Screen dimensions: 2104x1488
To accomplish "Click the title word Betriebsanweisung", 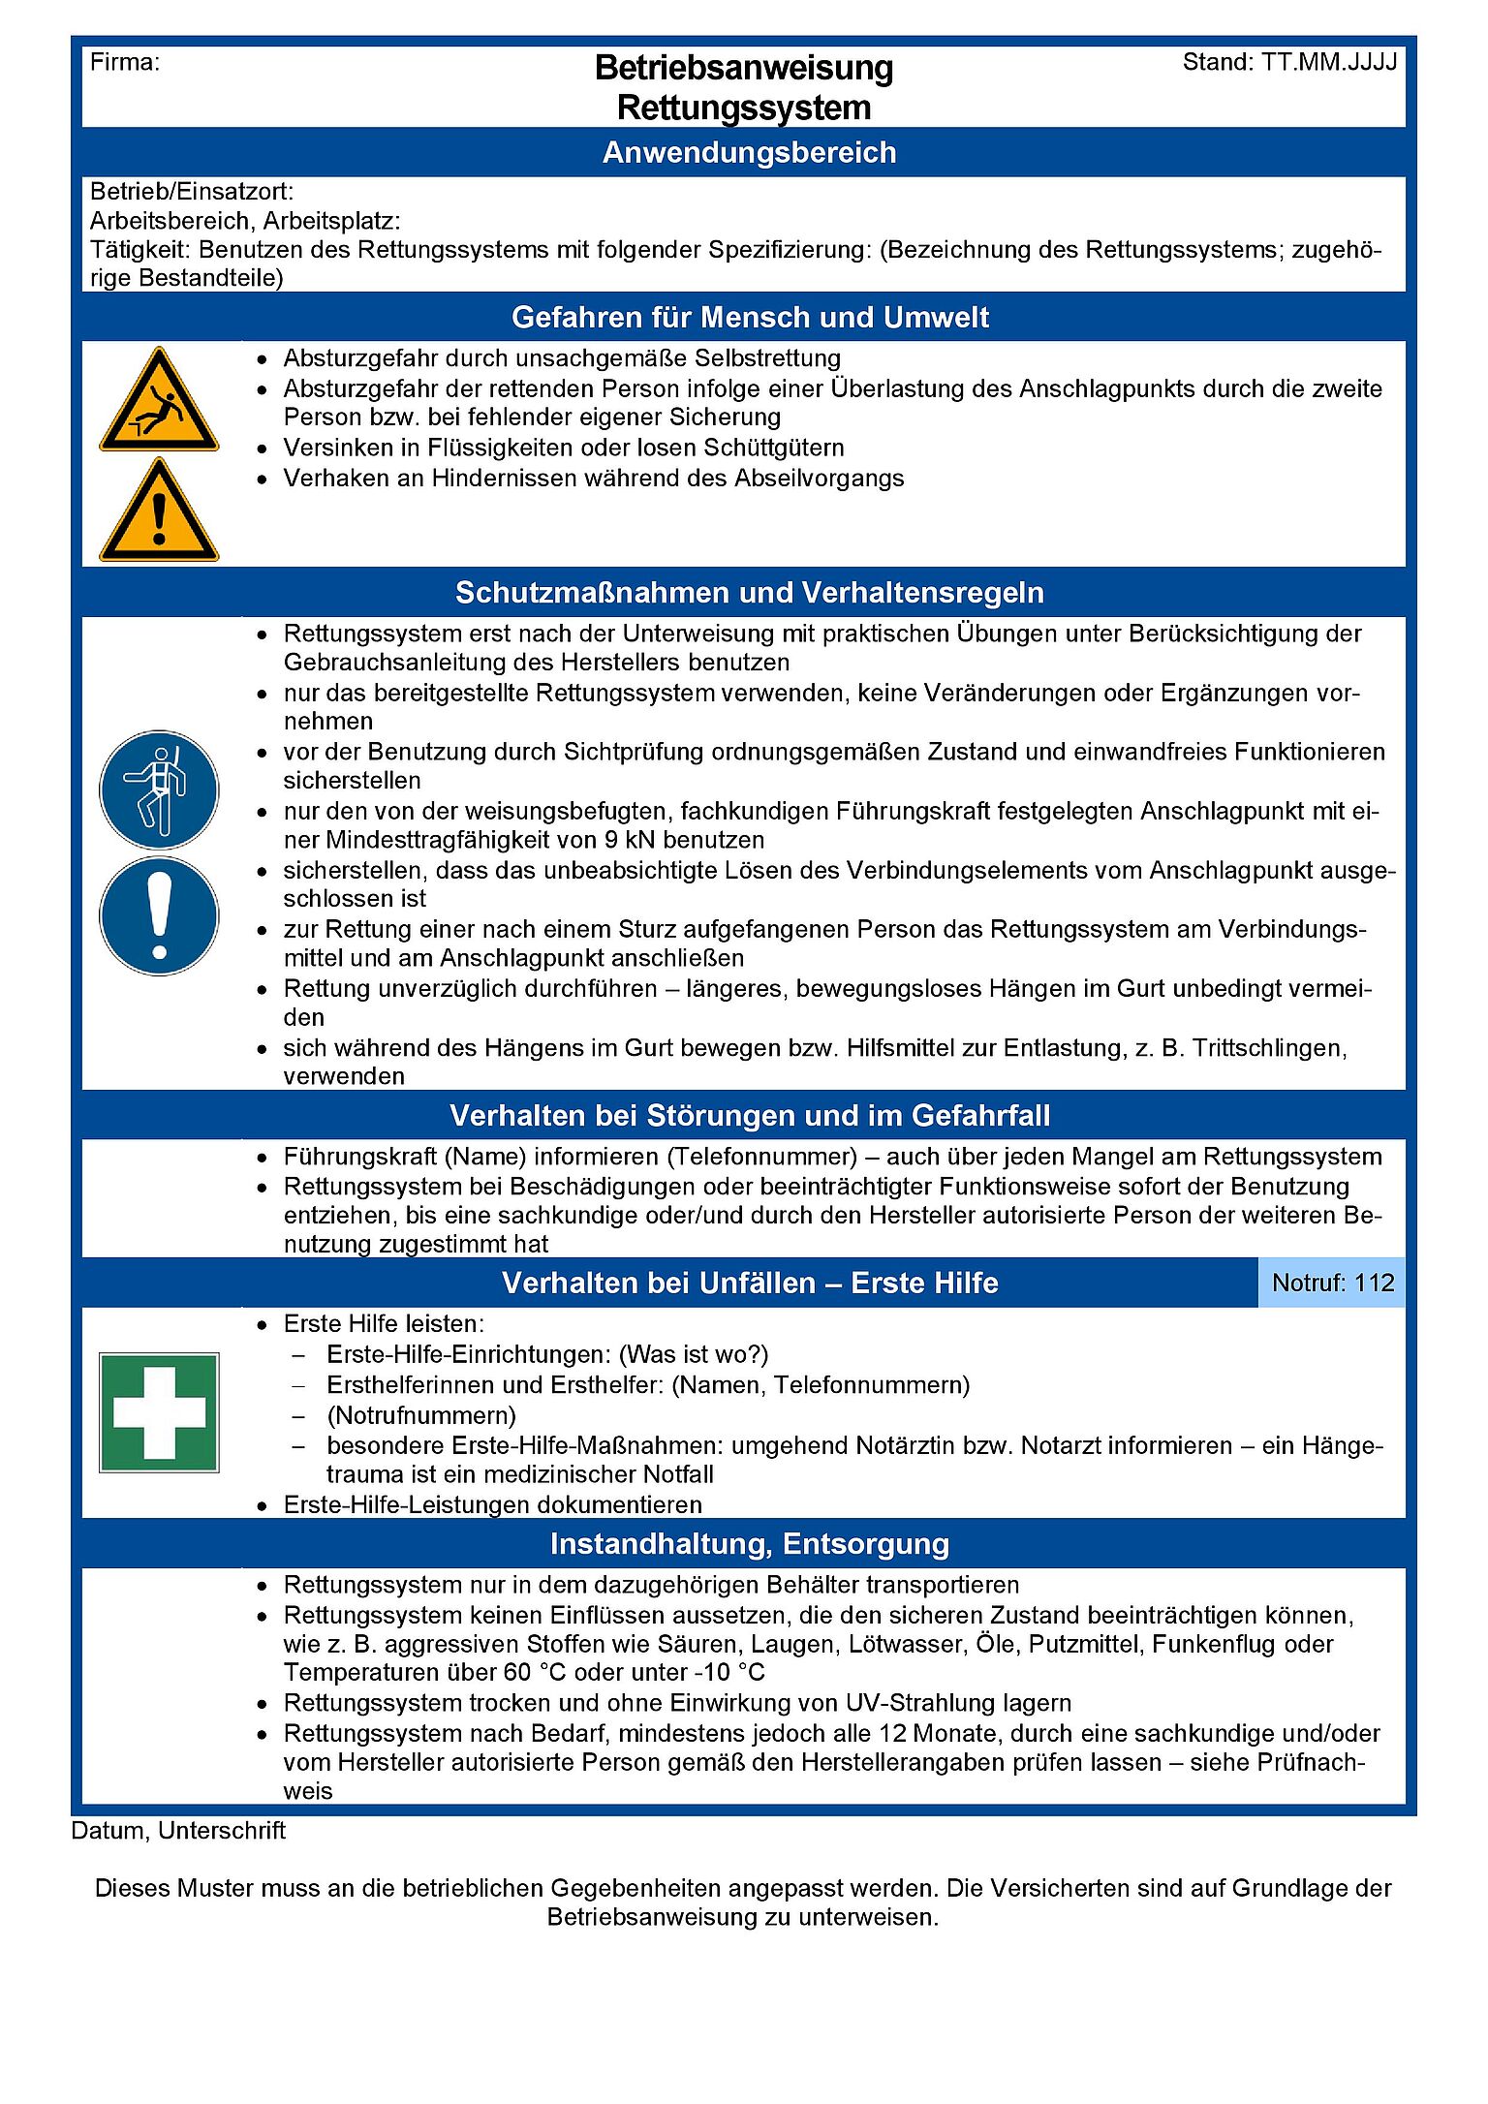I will tap(743, 68).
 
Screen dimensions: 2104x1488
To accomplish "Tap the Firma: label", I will tap(125, 63).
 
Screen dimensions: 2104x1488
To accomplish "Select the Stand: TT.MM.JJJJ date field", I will tap(1289, 63).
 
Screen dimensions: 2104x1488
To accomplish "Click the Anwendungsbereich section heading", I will tap(749, 152).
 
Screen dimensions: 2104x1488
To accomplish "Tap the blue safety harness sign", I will tap(159, 789).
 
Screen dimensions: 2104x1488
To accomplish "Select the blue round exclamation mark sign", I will tap(159, 915).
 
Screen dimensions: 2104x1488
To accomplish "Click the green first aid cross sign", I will tap(159, 1411).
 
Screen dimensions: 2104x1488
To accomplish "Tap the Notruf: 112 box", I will tap(1332, 1283).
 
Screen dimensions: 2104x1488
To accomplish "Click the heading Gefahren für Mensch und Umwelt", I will tap(749, 317).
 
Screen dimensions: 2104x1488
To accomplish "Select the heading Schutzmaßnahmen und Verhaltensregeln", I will tap(749, 592).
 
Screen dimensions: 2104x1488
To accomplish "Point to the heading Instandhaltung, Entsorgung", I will tap(749, 1543).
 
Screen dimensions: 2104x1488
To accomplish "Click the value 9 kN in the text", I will tap(630, 840).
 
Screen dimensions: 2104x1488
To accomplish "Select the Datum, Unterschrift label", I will tap(178, 1830).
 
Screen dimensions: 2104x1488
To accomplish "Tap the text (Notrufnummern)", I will tap(421, 1415).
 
